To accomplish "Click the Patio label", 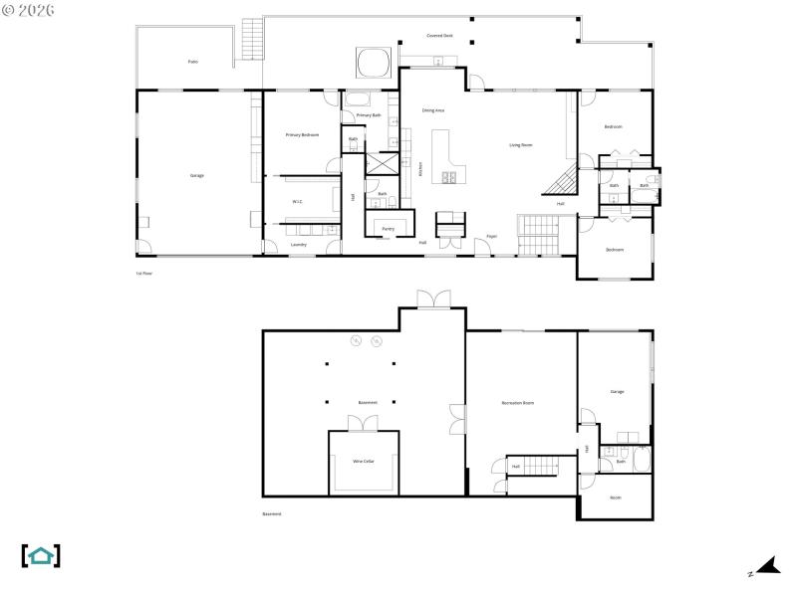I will click(x=192, y=62).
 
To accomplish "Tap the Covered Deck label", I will click(x=439, y=35).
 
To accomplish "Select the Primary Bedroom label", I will click(x=302, y=134).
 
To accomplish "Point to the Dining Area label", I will click(x=433, y=110).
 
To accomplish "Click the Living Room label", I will click(x=521, y=145).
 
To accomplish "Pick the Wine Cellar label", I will click(x=364, y=462).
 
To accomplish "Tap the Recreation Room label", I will click(x=518, y=403).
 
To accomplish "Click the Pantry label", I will click(x=389, y=228).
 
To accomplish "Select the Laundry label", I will click(x=299, y=244).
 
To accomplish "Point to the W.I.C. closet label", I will click(x=297, y=201).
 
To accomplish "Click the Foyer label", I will click(x=492, y=236).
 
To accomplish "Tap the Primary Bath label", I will click(x=370, y=115).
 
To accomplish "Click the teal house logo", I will click(x=41, y=555).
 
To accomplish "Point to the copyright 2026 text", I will click(x=29, y=9).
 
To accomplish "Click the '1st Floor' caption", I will click(x=144, y=273).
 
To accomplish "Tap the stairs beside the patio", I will click(x=252, y=41).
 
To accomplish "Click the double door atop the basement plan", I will click(x=433, y=298).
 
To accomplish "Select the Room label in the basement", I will click(x=616, y=497).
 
